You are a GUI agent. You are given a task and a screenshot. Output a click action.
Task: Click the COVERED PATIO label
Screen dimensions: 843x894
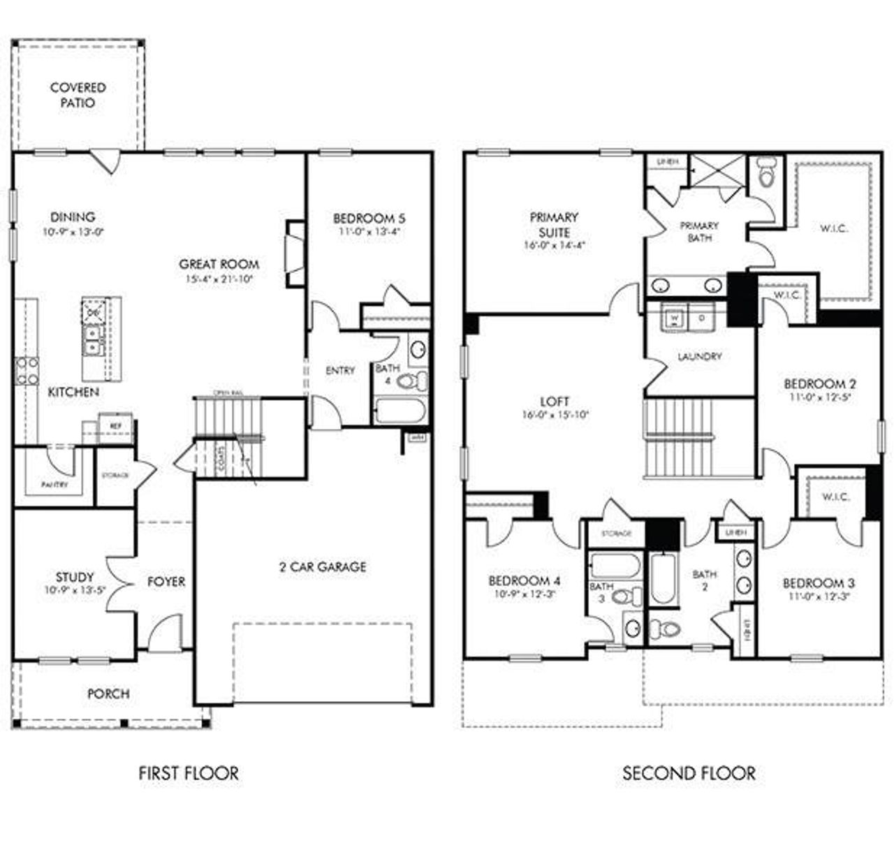tap(78, 95)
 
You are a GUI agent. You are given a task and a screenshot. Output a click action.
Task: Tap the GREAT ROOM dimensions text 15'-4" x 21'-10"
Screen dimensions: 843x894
tap(219, 279)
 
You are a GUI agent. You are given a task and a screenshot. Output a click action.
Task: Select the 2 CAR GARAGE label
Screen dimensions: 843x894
tap(323, 566)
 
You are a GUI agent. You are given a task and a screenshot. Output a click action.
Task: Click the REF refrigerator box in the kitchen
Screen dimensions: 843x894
tap(114, 425)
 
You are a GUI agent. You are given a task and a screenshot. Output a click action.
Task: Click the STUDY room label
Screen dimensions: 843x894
tap(74, 577)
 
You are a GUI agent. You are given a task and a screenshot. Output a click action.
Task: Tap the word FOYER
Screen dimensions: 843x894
tap(166, 581)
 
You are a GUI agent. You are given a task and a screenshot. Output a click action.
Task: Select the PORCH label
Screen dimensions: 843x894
tap(108, 694)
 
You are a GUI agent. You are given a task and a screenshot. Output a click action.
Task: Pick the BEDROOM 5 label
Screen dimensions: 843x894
tap(369, 218)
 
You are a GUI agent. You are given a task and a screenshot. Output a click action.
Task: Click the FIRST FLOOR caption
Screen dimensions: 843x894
tap(189, 773)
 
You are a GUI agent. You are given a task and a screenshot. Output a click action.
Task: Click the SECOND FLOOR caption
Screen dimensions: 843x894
tap(689, 773)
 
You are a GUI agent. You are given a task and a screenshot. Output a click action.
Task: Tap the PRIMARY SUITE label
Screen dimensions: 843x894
tap(553, 224)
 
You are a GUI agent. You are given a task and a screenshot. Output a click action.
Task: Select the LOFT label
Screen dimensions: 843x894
tap(555, 402)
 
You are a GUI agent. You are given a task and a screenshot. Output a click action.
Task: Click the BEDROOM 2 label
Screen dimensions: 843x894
tap(820, 383)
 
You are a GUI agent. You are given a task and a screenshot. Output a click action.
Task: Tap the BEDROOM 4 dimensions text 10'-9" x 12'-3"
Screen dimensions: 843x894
tap(525, 594)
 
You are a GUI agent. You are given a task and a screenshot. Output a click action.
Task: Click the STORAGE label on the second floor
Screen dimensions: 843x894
tap(616, 533)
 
